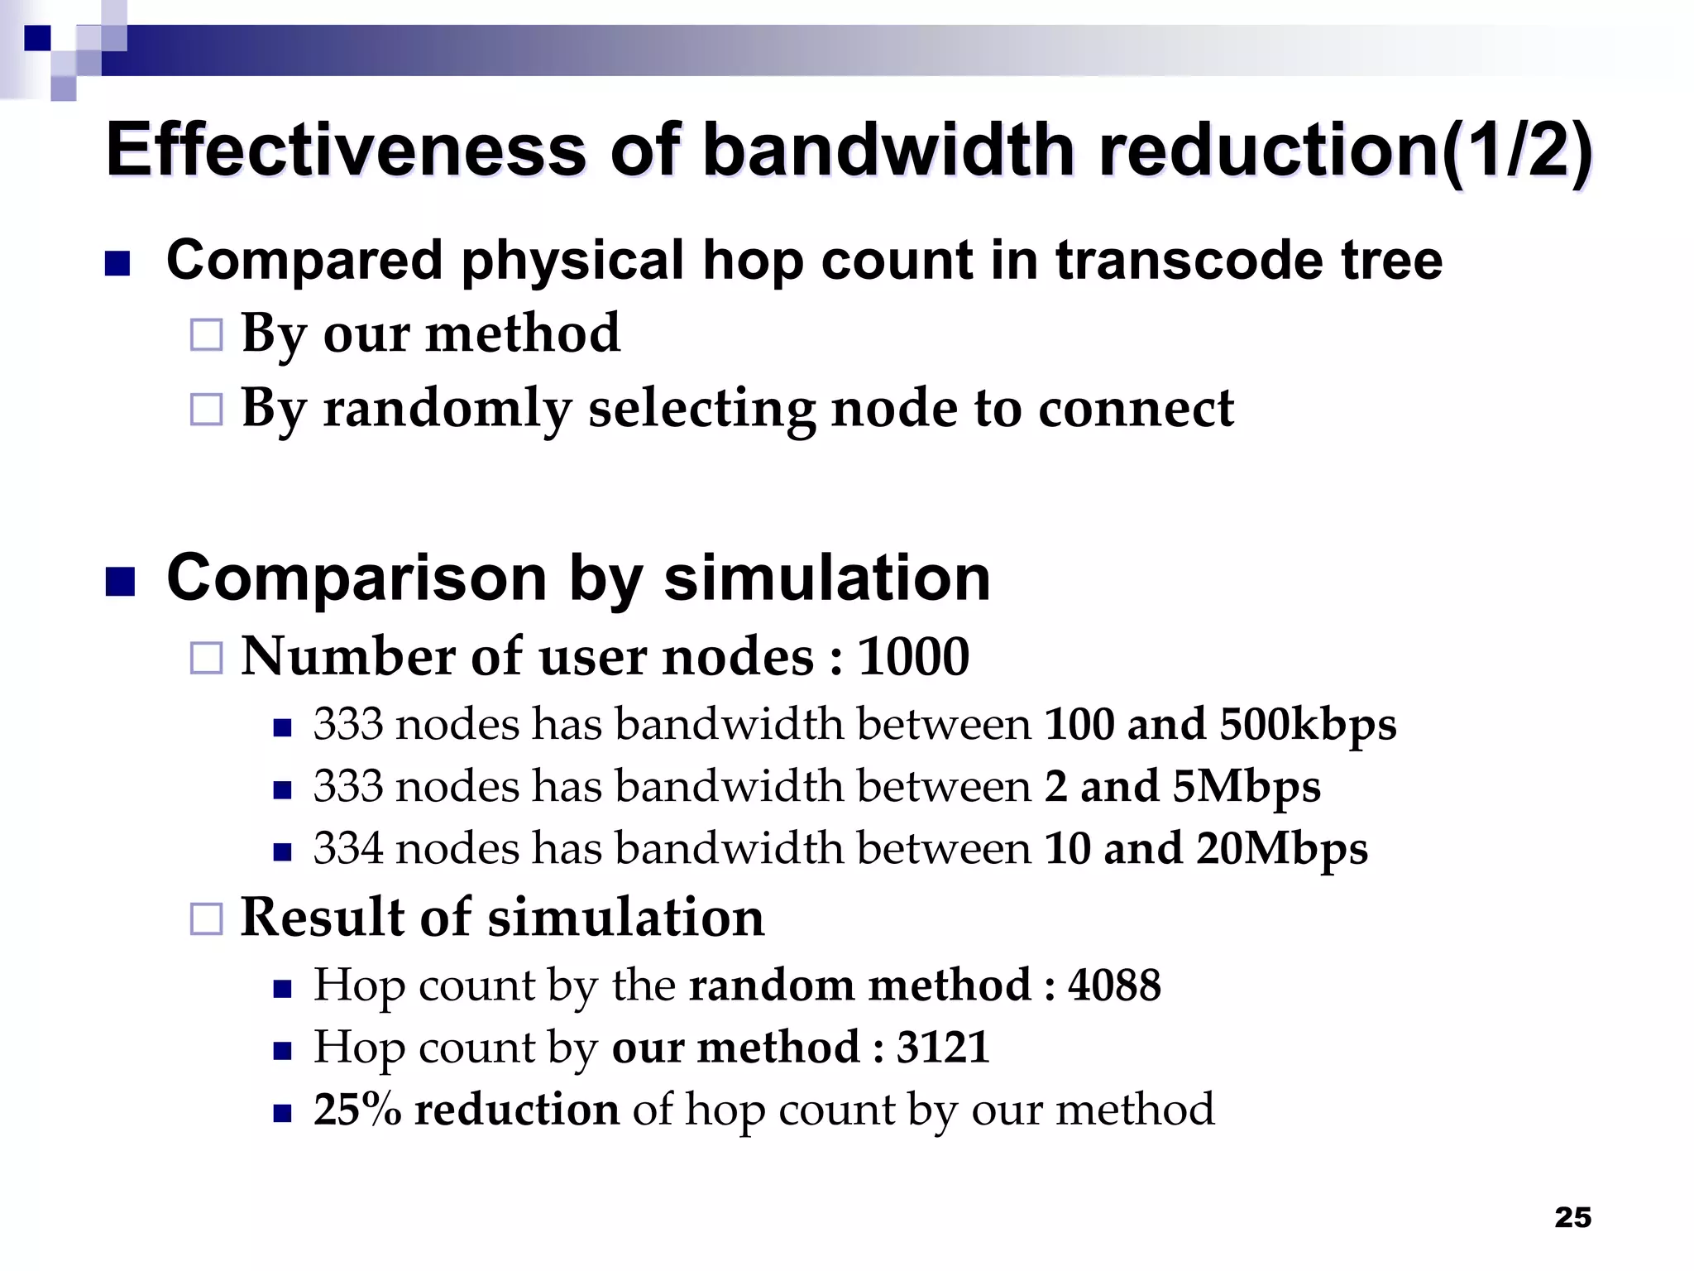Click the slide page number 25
pyautogui.click(x=1572, y=1217)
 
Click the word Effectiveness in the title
pyautogui.click(x=346, y=150)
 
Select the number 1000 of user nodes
pyautogui.click(x=913, y=657)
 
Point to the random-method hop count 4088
pyautogui.click(x=1114, y=985)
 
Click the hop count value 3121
pyautogui.click(x=943, y=1047)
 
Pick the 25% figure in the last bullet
pyautogui.click(x=357, y=1109)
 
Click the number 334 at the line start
pyautogui.click(x=348, y=848)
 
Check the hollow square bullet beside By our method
pyautogui.click(x=207, y=335)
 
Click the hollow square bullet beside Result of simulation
pyautogui.click(x=207, y=918)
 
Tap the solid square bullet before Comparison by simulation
pyautogui.click(x=120, y=582)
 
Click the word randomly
pyautogui.click(x=447, y=409)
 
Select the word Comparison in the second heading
pyautogui.click(x=357, y=578)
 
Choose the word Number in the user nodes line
pyautogui.click(x=348, y=657)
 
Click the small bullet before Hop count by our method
pyautogui.click(x=283, y=1051)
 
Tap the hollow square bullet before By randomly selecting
pyautogui.click(x=207, y=410)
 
